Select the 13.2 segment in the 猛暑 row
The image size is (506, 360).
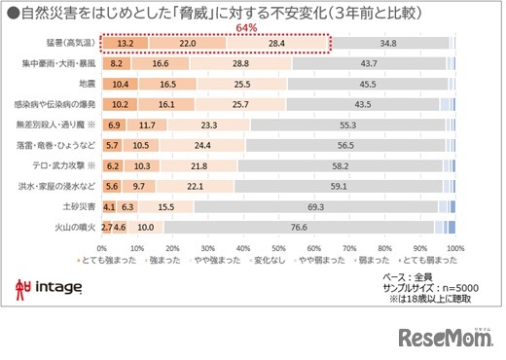point(125,44)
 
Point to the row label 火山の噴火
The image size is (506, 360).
point(75,228)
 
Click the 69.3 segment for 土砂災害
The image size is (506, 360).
point(314,207)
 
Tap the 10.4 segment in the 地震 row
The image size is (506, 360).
point(120,85)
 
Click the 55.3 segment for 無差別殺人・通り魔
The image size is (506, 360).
point(347,126)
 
